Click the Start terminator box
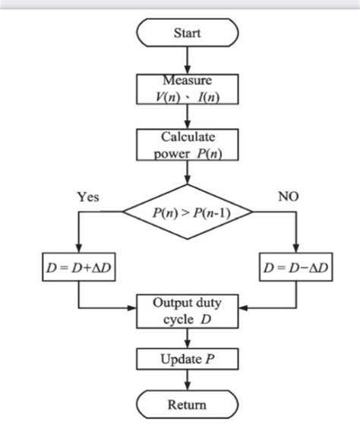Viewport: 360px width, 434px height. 187,33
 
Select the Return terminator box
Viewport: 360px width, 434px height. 187,404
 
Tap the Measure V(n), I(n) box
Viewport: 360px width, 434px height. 187,90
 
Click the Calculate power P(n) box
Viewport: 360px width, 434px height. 187,146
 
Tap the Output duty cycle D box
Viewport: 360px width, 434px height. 187,310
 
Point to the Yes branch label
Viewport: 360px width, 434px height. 87,197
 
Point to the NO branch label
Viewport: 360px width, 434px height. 288,197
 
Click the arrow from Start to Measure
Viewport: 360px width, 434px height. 187,60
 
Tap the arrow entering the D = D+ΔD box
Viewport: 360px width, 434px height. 79,239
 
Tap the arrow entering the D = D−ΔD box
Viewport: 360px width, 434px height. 295,239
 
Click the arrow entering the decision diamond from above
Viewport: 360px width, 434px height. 187,173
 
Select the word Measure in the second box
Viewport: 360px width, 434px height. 187,80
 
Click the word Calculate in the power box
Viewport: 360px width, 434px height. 187,137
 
